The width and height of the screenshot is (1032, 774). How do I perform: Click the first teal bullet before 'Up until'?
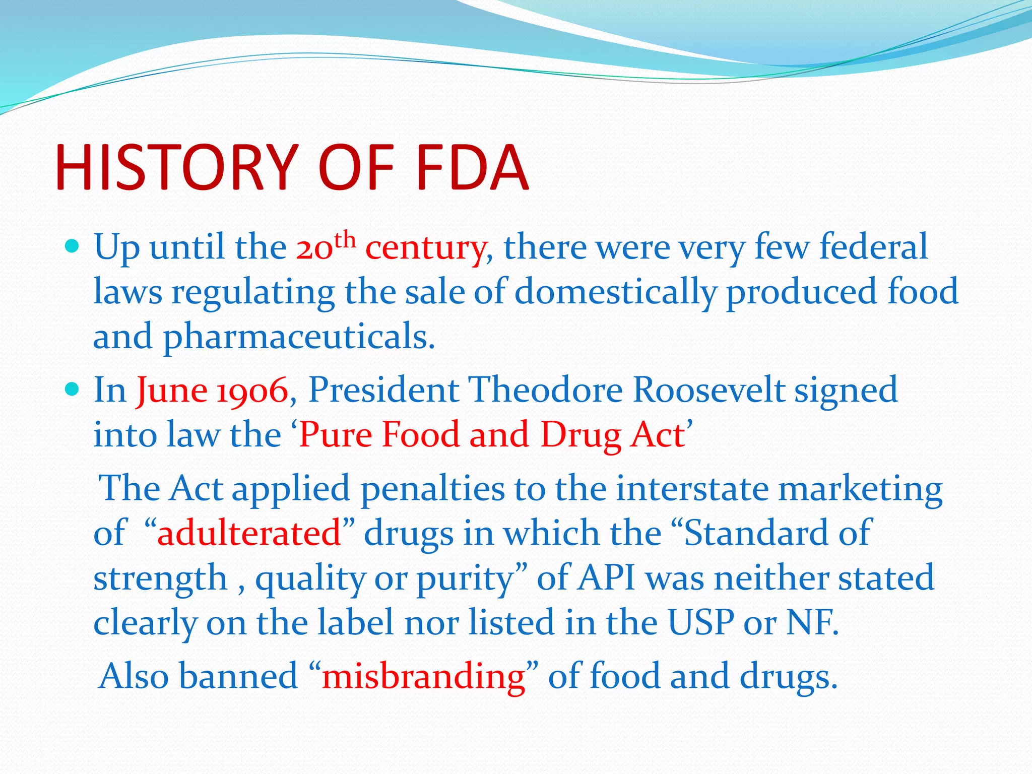(73, 246)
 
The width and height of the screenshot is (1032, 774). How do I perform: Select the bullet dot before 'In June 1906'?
(73, 390)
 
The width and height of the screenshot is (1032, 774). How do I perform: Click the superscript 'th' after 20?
(345, 240)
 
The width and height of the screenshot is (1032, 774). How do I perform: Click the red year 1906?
(252, 391)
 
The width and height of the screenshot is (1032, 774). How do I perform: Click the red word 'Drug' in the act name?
(580, 435)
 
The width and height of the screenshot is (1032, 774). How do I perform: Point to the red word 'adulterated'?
(249, 533)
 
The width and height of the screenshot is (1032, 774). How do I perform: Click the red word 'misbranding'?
(423, 676)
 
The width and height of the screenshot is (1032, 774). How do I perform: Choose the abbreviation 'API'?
(606, 578)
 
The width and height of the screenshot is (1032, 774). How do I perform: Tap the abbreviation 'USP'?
(700, 622)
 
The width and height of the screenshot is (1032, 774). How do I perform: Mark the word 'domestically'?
(616, 292)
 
